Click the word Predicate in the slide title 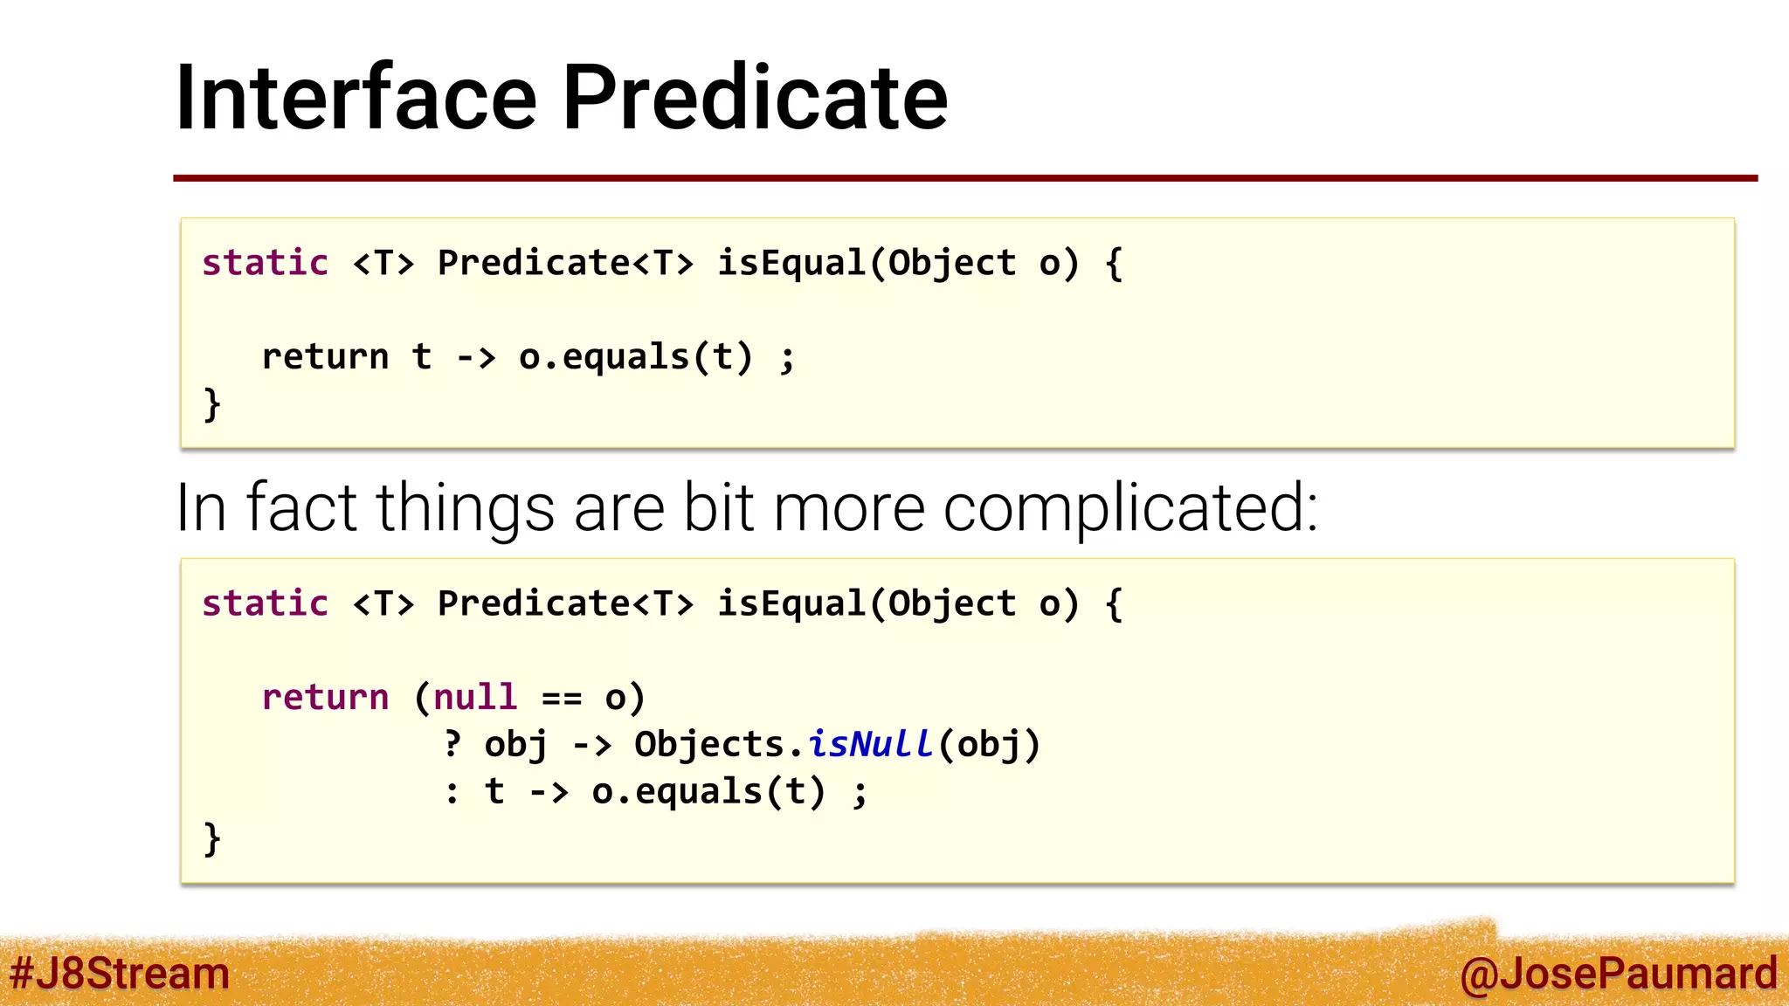[x=755, y=98]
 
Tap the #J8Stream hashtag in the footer [x=119, y=973]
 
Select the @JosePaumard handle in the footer [x=1618, y=973]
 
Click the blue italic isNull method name [x=869, y=744]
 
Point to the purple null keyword [x=475, y=697]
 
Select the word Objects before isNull [x=708, y=744]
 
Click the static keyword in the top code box [x=265, y=263]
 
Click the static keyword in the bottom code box [x=265, y=603]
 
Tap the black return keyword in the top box [x=325, y=356]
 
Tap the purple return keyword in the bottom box [x=325, y=697]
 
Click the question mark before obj [x=452, y=744]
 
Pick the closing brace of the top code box [x=211, y=404]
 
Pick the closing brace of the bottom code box [x=211, y=838]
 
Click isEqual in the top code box [x=791, y=263]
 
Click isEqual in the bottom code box [x=791, y=603]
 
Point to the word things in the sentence [x=466, y=508]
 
